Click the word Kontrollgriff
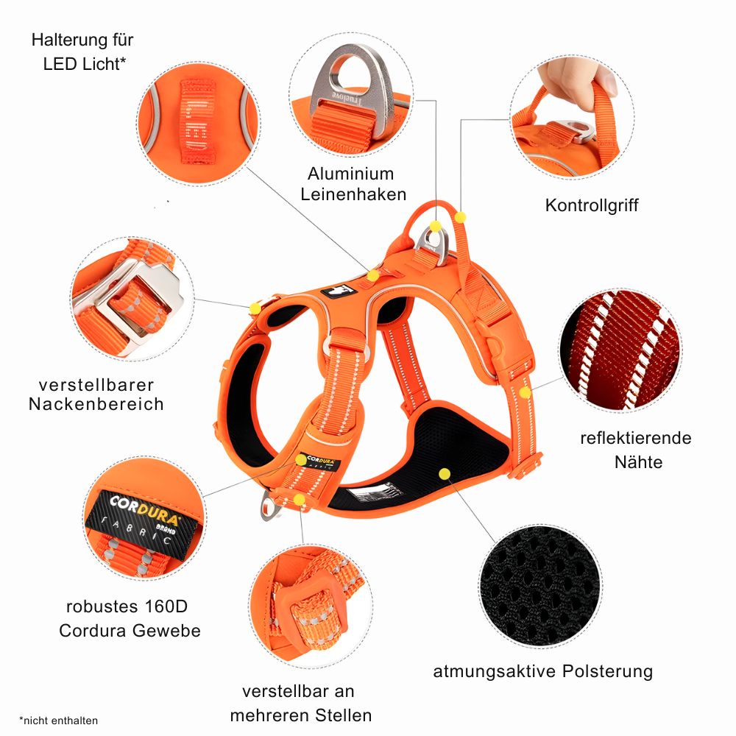pos(592,205)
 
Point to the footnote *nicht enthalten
pos(58,721)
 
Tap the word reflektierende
pos(636,439)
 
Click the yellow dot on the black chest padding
pos(444,474)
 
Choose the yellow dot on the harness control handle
pos(461,218)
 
